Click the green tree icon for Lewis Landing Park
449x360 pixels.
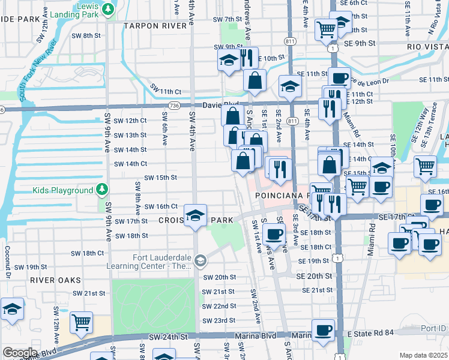pos(107,9)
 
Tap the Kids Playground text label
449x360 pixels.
pos(62,190)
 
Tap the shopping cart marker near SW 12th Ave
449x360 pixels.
pos(80,322)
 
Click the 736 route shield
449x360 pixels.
pos(174,105)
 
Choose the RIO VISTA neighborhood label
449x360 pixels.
pos(427,46)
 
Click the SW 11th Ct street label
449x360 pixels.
pos(166,90)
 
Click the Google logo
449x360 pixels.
pos(20,353)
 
